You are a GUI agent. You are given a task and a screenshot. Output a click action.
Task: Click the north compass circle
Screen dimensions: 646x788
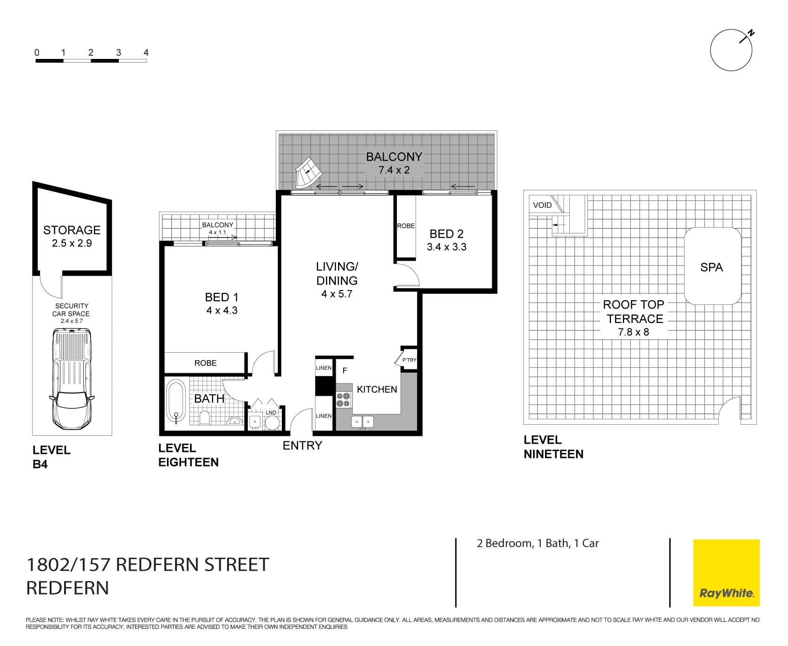(731, 50)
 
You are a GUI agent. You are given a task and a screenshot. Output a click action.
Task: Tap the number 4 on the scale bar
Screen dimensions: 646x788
(146, 52)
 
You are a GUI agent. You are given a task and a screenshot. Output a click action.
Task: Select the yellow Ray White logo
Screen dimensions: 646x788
(726, 572)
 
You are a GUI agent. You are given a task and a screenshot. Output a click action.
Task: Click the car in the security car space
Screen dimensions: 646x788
(72, 379)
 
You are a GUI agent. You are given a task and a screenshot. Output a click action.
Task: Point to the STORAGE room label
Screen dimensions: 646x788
(72, 230)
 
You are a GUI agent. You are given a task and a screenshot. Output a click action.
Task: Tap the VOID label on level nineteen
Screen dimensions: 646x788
(542, 205)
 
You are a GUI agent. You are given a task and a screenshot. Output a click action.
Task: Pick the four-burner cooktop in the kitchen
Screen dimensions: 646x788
(344, 400)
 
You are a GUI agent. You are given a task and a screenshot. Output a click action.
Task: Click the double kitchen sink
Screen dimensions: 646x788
(362, 421)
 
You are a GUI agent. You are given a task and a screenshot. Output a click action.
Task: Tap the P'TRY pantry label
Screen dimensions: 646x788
(409, 360)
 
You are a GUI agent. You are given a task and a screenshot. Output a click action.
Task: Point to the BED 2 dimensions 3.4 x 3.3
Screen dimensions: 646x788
(447, 247)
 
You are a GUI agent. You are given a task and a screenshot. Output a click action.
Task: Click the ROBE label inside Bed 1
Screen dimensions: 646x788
(205, 363)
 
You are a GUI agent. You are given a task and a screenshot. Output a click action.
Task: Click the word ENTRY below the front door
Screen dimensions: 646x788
(302, 446)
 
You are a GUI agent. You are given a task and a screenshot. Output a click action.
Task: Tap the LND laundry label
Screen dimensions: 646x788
(271, 412)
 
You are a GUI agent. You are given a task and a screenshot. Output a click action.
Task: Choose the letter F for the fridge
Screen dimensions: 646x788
(345, 370)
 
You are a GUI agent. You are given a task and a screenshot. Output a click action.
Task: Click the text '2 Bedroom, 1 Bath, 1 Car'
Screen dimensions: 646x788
(538, 543)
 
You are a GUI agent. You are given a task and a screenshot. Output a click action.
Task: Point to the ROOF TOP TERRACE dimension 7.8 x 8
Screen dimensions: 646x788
(633, 332)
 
